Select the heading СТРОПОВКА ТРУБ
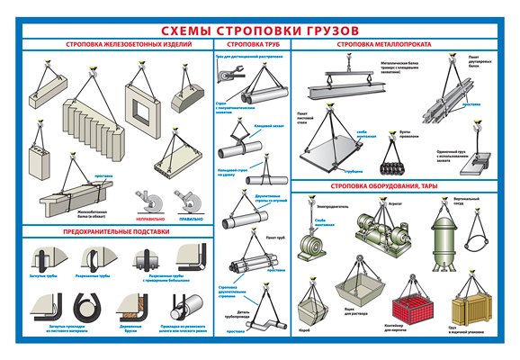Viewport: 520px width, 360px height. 253,44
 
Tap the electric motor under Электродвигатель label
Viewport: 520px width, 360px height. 319,243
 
